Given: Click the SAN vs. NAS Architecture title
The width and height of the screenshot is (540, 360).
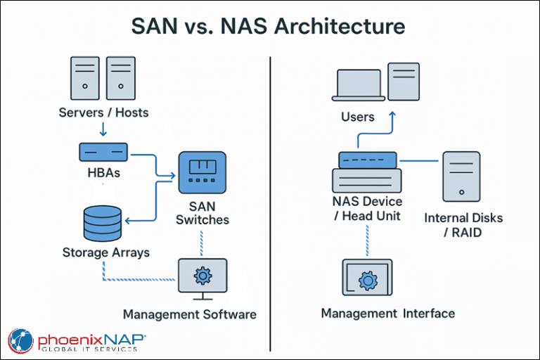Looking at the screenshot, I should pyautogui.click(x=269, y=27).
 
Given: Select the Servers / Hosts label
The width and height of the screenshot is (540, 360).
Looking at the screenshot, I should pyautogui.click(x=103, y=112).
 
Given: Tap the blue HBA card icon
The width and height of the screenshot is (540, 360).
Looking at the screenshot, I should pyautogui.click(x=103, y=152).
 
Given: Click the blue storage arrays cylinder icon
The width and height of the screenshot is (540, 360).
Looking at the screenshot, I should pyautogui.click(x=102, y=223).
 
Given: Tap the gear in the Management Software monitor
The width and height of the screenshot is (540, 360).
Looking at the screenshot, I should pyautogui.click(x=202, y=276).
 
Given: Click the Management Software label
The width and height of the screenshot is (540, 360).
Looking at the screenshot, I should pyautogui.click(x=189, y=314).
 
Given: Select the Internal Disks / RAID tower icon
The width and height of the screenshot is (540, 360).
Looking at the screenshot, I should pyautogui.click(x=461, y=176).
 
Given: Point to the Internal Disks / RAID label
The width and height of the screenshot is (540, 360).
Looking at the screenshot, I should pyautogui.click(x=463, y=224).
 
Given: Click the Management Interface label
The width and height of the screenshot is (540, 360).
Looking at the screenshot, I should pyautogui.click(x=388, y=313).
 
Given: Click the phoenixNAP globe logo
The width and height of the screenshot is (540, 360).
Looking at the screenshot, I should pyautogui.click(x=21, y=342).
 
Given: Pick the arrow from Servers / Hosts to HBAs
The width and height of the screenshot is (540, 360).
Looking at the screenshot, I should pyautogui.click(x=103, y=129).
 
